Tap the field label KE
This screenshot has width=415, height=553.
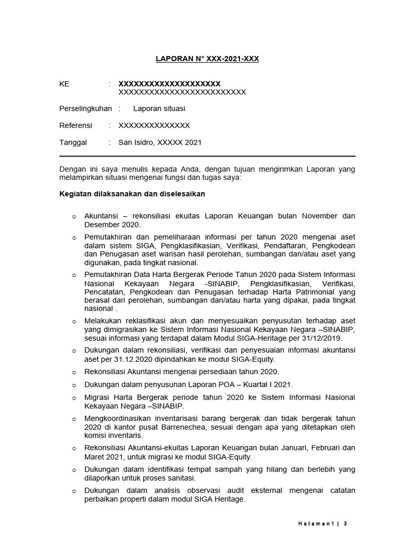click(64, 84)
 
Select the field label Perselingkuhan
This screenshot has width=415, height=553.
click(85, 109)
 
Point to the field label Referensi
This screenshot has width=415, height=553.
click(75, 125)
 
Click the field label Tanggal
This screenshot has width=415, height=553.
click(73, 143)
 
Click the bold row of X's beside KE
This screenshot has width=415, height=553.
click(169, 84)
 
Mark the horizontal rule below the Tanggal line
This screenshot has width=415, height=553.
click(207, 156)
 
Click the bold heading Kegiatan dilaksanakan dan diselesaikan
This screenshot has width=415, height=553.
click(132, 193)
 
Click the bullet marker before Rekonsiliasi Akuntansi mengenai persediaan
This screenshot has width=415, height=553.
click(74, 372)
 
